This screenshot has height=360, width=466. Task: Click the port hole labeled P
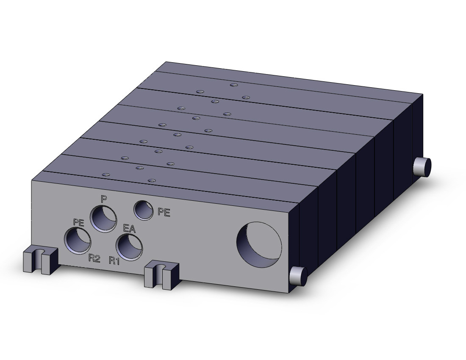[x=103, y=219]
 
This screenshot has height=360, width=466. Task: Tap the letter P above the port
[x=103, y=199]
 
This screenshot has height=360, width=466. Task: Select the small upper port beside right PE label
[x=144, y=210]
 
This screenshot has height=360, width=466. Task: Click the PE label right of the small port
[x=164, y=212]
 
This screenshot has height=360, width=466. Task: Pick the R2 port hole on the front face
[x=78, y=241]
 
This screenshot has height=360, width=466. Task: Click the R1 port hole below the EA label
[x=129, y=247]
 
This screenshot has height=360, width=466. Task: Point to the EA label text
[x=129, y=229]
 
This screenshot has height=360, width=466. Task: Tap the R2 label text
[x=94, y=259]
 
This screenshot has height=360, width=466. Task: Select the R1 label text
[x=114, y=261]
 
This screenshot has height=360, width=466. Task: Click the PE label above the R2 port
[x=78, y=222]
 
